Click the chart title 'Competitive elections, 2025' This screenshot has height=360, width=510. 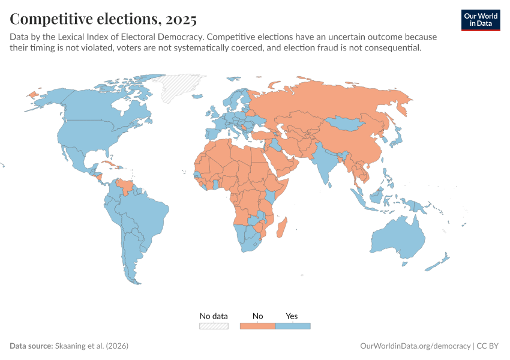tap(103, 19)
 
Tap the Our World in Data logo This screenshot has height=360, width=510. tap(480, 19)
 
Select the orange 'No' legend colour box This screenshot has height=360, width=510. tap(257, 326)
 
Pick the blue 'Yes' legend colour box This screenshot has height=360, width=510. tap(293, 326)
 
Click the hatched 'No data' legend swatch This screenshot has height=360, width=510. tap(214, 326)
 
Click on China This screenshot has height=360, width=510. tap(354, 144)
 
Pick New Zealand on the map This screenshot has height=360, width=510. tap(441, 262)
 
